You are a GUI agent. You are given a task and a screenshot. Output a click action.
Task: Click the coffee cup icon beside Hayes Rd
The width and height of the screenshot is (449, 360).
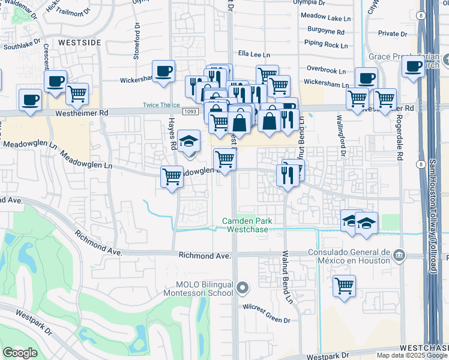[163, 71]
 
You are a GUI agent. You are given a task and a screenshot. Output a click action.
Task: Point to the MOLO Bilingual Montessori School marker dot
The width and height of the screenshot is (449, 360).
[242, 289]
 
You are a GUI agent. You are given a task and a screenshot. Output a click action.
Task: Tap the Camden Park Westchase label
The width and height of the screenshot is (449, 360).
[247, 225]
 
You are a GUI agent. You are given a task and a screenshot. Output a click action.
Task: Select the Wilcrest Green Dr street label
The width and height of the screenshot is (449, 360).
[267, 312]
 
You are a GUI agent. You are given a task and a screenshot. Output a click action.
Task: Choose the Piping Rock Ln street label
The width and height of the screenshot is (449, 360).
[326, 44]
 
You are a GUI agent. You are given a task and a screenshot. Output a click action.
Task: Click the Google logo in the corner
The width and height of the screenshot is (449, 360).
[20, 353]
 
